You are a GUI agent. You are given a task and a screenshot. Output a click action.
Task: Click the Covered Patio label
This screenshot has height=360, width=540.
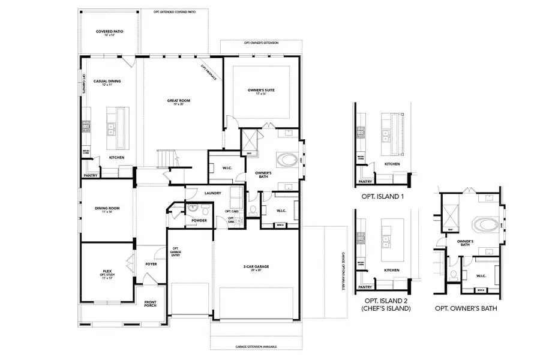[109, 33]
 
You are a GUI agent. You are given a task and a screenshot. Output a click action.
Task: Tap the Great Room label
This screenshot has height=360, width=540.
[178, 102]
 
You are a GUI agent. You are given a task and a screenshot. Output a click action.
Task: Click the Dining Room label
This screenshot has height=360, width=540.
[108, 209]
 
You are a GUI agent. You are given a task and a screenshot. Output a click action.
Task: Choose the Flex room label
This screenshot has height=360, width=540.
[108, 273]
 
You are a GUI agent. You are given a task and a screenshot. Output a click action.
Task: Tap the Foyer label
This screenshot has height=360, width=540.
[151, 263]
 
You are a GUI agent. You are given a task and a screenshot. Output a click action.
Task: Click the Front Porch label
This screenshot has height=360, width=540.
[150, 304]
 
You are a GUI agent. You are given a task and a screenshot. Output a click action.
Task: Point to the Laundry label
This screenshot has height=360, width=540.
[213, 193]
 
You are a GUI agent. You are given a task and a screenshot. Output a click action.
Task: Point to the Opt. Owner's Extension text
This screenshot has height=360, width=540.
[261, 44]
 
